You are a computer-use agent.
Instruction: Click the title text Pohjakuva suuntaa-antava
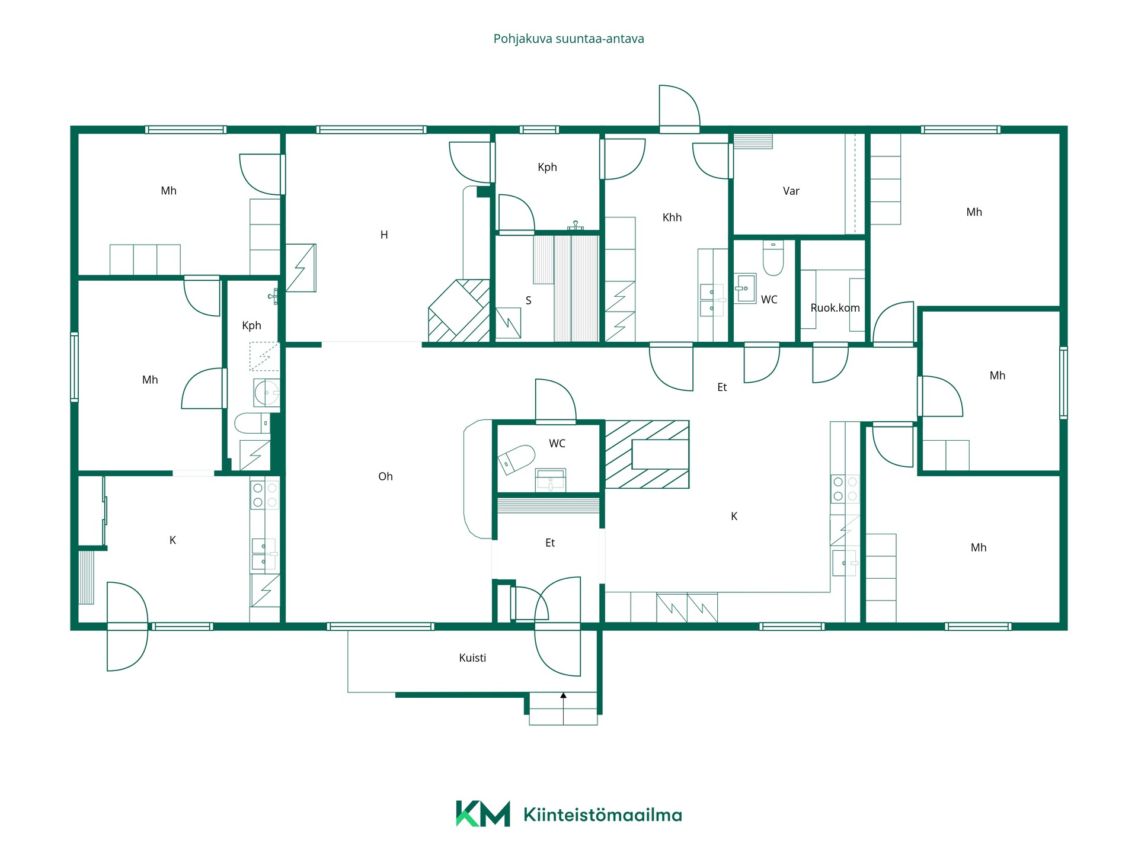click(x=568, y=39)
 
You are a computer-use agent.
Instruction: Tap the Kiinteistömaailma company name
click(x=603, y=815)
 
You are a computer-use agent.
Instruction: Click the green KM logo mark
click(x=482, y=814)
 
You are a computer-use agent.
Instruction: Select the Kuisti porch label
click(x=472, y=658)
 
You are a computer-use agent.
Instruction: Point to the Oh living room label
click(x=385, y=476)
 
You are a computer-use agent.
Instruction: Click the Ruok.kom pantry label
click(x=835, y=307)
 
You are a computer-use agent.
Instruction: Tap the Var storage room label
click(x=791, y=191)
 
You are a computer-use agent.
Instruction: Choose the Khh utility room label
click(x=672, y=217)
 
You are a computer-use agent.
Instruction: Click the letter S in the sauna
click(x=528, y=300)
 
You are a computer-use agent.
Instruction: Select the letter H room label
click(x=384, y=235)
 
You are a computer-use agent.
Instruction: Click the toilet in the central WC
click(x=516, y=459)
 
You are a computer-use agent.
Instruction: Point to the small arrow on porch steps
click(x=563, y=697)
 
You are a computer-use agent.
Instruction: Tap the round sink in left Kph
click(x=266, y=392)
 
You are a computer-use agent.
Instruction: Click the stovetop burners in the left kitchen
click(x=264, y=495)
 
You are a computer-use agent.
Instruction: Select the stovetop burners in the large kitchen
click(x=845, y=489)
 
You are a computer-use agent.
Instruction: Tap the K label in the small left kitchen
click(x=172, y=540)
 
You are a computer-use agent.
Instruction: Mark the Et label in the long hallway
click(x=722, y=387)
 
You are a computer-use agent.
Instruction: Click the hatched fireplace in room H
click(x=459, y=311)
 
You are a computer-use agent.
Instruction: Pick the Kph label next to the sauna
click(x=547, y=167)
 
